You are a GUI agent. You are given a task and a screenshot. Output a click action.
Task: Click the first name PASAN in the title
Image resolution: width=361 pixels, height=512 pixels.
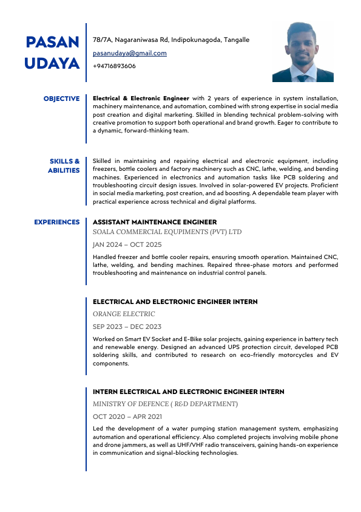click(53, 42)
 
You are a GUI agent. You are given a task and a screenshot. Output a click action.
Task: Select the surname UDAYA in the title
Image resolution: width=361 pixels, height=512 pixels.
click(53, 63)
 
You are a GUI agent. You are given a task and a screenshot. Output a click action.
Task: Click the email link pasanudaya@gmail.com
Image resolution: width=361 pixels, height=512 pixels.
click(130, 53)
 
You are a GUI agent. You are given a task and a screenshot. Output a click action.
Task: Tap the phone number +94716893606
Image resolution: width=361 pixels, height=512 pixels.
click(114, 66)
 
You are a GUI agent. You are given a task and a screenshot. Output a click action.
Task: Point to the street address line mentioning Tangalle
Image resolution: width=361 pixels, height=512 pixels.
click(170, 40)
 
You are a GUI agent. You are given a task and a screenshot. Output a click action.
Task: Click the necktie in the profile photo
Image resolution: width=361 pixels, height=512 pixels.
click(303, 77)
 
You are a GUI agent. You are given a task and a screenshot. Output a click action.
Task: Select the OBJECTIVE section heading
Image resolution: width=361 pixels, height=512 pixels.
click(61, 99)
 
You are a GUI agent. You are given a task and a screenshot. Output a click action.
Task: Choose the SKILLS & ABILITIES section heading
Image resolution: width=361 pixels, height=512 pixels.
click(64, 165)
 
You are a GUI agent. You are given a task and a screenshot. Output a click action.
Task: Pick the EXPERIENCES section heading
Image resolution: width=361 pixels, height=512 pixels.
click(56, 223)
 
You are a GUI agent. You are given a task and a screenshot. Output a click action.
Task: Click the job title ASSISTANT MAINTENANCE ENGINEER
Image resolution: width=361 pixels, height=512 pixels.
click(155, 223)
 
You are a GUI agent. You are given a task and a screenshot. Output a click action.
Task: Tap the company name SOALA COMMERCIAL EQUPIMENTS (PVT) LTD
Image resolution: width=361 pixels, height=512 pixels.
click(167, 232)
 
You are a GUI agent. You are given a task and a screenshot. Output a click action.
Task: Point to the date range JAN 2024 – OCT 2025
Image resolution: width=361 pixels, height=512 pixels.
click(127, 244)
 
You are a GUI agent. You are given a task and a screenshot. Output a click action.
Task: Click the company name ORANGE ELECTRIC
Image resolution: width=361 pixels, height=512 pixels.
click(124, 314)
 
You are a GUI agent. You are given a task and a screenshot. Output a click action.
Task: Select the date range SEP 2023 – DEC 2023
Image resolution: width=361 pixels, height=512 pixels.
click(127, 327)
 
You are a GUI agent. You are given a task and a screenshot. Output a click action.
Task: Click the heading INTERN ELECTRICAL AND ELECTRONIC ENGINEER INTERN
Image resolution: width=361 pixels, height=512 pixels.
click(188, 392)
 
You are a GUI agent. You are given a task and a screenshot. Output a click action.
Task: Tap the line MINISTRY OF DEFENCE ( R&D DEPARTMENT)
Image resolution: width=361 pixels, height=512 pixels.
click(165, 404)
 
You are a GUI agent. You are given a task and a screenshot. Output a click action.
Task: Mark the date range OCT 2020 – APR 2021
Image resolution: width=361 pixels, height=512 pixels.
click(127, 417)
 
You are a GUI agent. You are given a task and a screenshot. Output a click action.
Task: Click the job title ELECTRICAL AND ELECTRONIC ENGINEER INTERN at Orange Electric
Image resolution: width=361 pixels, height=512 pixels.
click(175, 302)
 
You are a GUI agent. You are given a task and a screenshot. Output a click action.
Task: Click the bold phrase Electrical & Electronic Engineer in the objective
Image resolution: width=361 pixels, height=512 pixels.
click(141, 98)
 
